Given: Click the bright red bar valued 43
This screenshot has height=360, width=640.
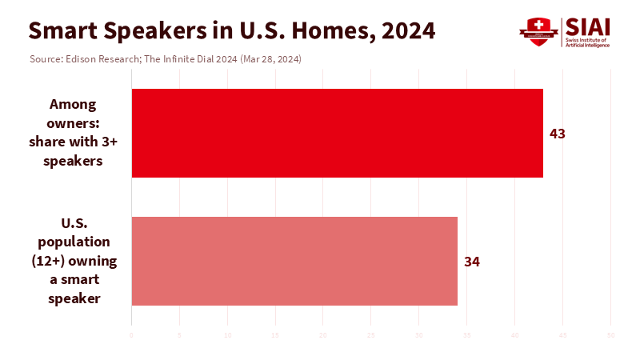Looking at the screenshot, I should (x=337, y=133).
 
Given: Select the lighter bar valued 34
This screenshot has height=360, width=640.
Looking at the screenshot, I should (x=294, y=261).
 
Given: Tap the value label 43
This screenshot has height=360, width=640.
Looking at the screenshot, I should (x=558, y=134).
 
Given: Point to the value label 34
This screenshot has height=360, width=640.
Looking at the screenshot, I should (x=472, y=262).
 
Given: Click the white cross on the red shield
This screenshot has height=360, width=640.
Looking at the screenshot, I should (x=538, y=23).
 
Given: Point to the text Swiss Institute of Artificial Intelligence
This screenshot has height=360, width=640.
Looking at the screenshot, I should (x=588, y=42).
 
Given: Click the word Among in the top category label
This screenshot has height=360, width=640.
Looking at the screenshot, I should (x=73, y=104).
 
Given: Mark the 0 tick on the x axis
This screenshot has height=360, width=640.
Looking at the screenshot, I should (x=131, y=334).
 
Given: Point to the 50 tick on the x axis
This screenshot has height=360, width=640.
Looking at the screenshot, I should (x=611, y=334).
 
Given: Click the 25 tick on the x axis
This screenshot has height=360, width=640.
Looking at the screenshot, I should (x=371, y=334).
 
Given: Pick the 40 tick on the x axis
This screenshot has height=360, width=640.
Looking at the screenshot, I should (x=515, y=334).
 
